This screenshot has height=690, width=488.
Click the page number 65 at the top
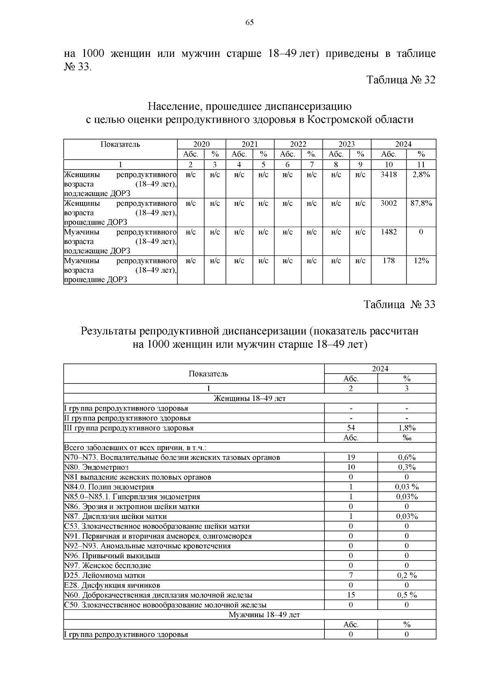249,22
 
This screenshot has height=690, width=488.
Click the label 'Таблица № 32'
401,80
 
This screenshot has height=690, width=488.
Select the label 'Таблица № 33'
399,305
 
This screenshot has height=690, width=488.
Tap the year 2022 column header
298,144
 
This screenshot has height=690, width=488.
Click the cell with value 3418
388,174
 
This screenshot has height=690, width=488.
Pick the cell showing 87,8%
421,203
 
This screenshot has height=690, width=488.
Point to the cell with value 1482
388,232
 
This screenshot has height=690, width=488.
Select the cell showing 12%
421,261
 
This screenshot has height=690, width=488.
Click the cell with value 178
388,261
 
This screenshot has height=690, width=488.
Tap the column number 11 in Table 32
421,165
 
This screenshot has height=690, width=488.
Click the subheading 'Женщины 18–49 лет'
250,398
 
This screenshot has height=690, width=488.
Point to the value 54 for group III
351,428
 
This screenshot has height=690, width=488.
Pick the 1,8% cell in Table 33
407,428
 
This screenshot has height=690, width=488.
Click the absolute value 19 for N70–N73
351,457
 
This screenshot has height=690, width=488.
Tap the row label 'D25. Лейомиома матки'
105,575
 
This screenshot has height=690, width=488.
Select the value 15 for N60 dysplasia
351,595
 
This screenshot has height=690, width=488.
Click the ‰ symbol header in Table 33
407,438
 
